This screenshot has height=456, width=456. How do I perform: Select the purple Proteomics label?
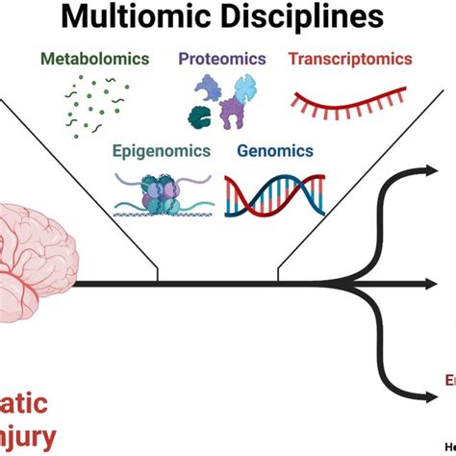pyautogui.click(x=222, y=59)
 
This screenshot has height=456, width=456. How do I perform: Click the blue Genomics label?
pyautogui.click(x=275, y=151)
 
